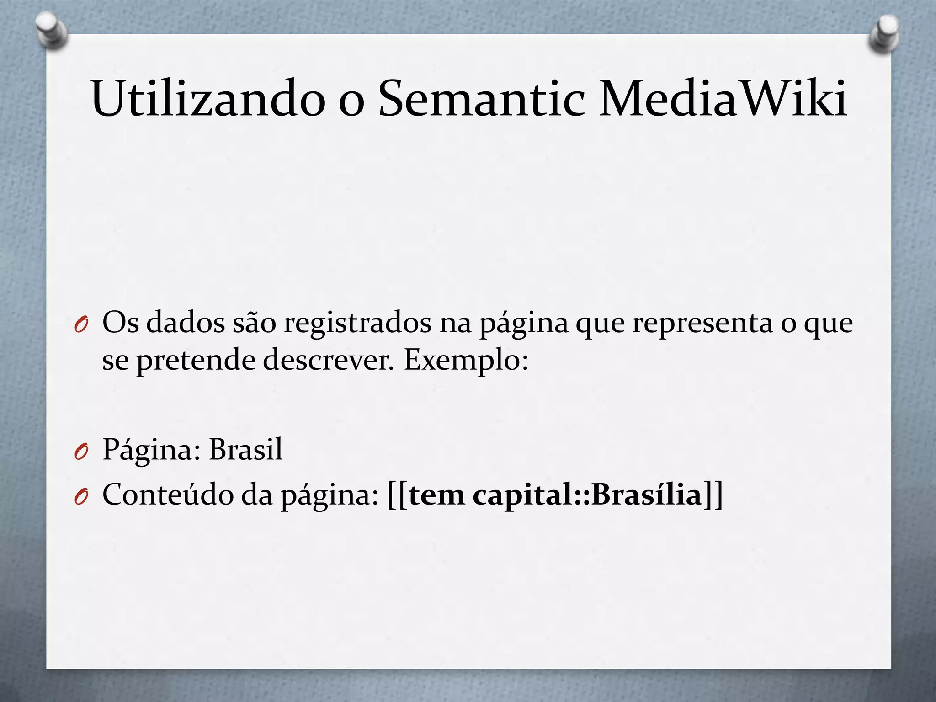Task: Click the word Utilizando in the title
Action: pyautogui.click(x=208, y=98)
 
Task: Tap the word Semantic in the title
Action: pyautogui.click(x=481, y=98)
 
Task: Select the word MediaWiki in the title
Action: pyautogui.click(x=723, y=98)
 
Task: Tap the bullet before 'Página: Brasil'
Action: pyautogui.click(x=80, y=452)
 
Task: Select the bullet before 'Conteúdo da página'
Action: pyautogui.click(x=80, y=497)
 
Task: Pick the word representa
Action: pyautogui.click(x=702, y=323)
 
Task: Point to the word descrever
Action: pyautogui.click(x=328, y=360)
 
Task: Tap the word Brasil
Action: pyautogui.click(x=246, y=449)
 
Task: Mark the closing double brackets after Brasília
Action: pyautogui.click(x=713, y=495)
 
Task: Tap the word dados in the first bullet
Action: pyautogui.click(x=186, y=323)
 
